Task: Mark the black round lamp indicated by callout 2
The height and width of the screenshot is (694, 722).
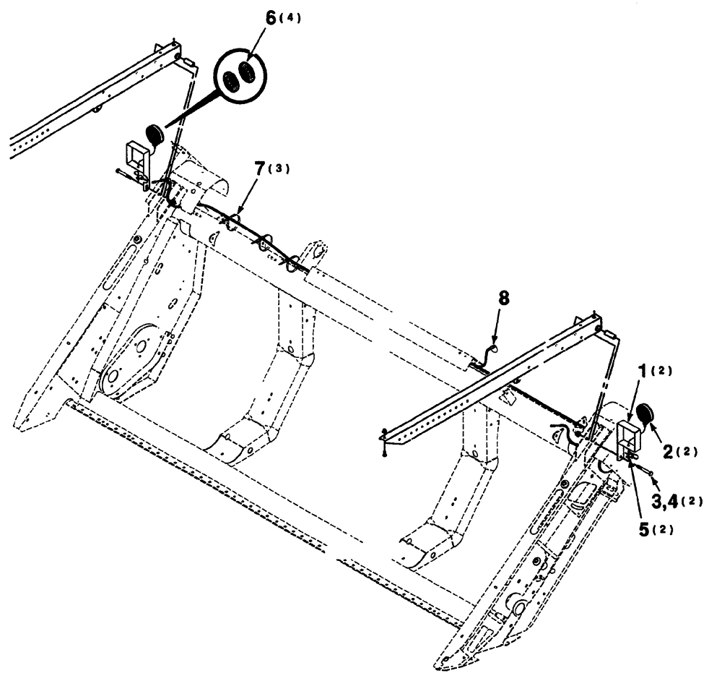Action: point(644,416)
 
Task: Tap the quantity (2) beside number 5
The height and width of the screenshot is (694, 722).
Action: point(665,528)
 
